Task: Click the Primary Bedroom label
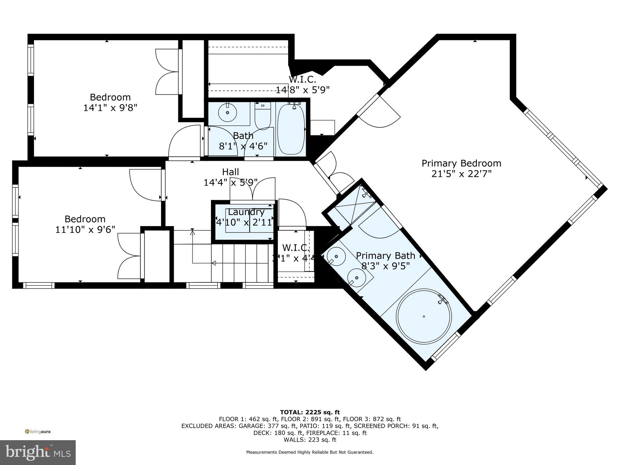coord(461,163)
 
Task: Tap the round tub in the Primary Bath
coord(424,316)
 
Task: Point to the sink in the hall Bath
coord(227,112)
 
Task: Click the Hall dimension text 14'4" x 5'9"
coord(231,183)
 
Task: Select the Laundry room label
coord(246,212)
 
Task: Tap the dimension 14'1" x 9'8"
coord(110,108)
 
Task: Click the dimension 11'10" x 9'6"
coord(85,229)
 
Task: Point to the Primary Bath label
coord(385,256)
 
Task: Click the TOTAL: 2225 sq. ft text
coord(310,412)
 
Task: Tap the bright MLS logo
coord(38,452)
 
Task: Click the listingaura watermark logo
coord(38,431)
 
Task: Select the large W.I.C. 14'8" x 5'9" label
coord(302,85)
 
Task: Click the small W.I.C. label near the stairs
coord(296,248)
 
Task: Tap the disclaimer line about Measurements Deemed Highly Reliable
coord(310,452)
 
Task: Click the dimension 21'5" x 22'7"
coord(461,174)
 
